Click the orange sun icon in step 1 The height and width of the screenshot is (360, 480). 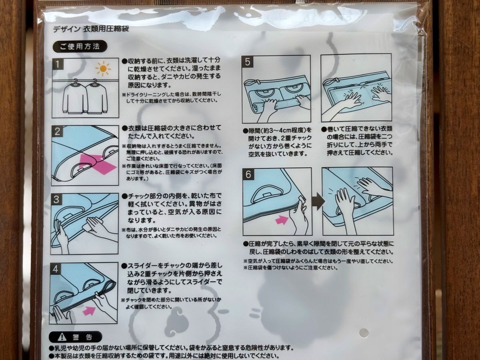103,69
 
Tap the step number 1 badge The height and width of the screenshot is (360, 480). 58,64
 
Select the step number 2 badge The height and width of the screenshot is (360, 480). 58,132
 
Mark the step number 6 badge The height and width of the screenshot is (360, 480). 248,174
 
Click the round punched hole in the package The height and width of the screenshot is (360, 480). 363,332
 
